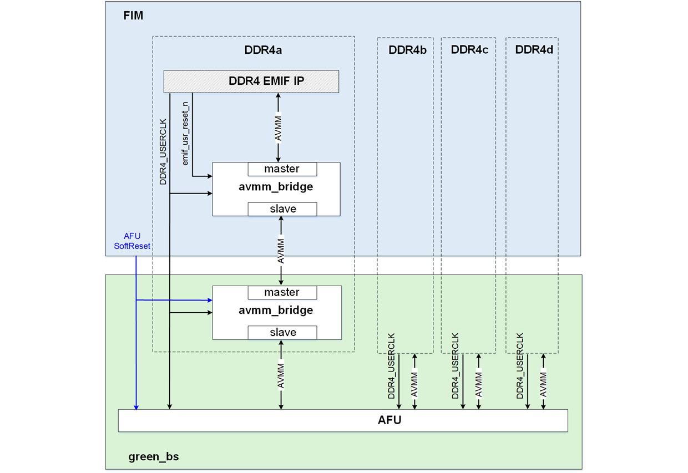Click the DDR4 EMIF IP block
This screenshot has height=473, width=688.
pyautogui.click(x=251, y=82)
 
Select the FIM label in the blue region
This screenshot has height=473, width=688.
pyautogui.click(x=133, y=16)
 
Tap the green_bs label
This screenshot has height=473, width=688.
pyautogui.click(x=154, y=457)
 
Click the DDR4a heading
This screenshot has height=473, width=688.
pyautogui.click(x=263, y=50)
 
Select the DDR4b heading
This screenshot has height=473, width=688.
pyautogui.click(x=407, y=50)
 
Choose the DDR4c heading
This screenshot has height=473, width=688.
pyautogui.click(x=469, y=50)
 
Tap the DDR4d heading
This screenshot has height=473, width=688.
pyautogui.click(x=534, y=50)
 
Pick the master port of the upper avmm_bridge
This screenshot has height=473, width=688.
pyautogui.click(x=282, y=169)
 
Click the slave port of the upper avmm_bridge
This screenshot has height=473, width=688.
pyautogui.click(x=282, y=209)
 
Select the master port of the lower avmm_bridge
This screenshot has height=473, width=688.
pyautogui.click(x=282, y=292)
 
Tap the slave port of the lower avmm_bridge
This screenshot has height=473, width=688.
pyautogui.click(x=282, y=333)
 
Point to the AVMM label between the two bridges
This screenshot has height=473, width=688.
pyautogui.click(x=281, y=251)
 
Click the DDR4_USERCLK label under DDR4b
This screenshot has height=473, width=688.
pyautogui.click(x=392, y=366)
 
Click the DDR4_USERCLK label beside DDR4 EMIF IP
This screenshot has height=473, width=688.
pyautogui.click(x=163, y=151)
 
